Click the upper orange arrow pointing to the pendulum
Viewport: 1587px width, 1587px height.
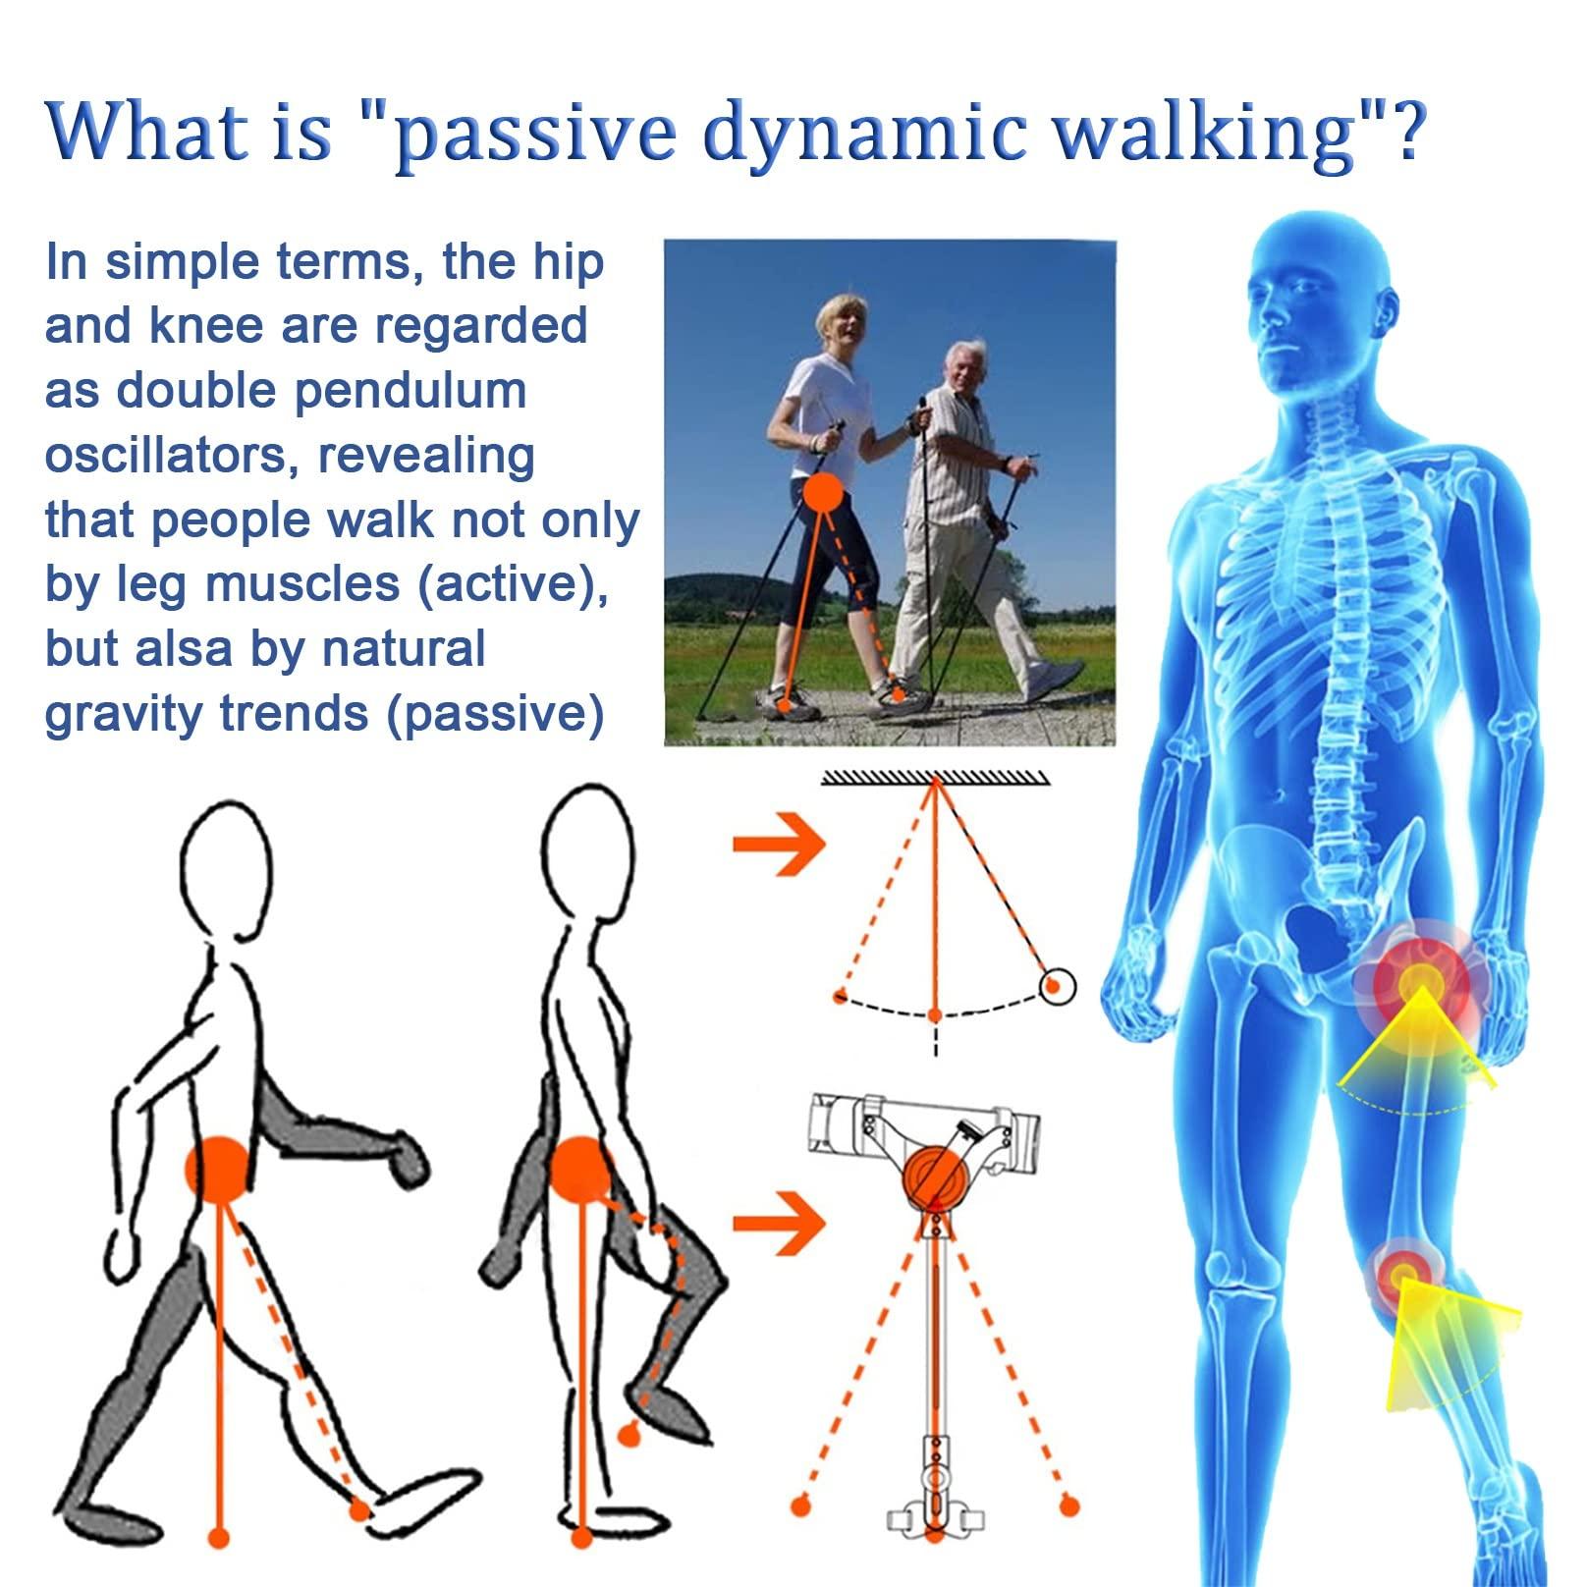tap(779, 843)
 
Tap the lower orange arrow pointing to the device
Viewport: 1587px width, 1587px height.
tap(779, 1223)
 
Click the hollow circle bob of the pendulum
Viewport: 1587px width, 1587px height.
tap(1058, 986)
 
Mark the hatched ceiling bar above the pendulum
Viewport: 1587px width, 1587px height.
tap(935, 779)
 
